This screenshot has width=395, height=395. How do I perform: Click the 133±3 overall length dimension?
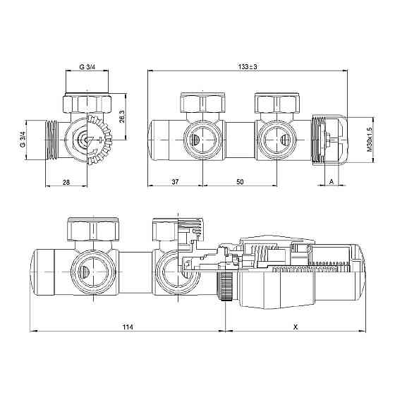click(248, 67)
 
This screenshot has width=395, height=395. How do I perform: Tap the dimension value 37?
click(175, 181)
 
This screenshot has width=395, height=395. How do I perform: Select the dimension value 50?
click(241, 181)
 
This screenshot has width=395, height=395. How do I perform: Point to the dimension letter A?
click(332, 181)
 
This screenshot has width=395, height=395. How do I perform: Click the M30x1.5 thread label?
click(370, 139)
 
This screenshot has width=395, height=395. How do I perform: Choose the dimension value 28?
click(66, 182)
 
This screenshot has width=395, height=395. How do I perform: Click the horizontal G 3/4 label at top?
click(87, 67)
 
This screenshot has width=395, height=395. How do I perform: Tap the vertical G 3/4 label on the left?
click(23, 140)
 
